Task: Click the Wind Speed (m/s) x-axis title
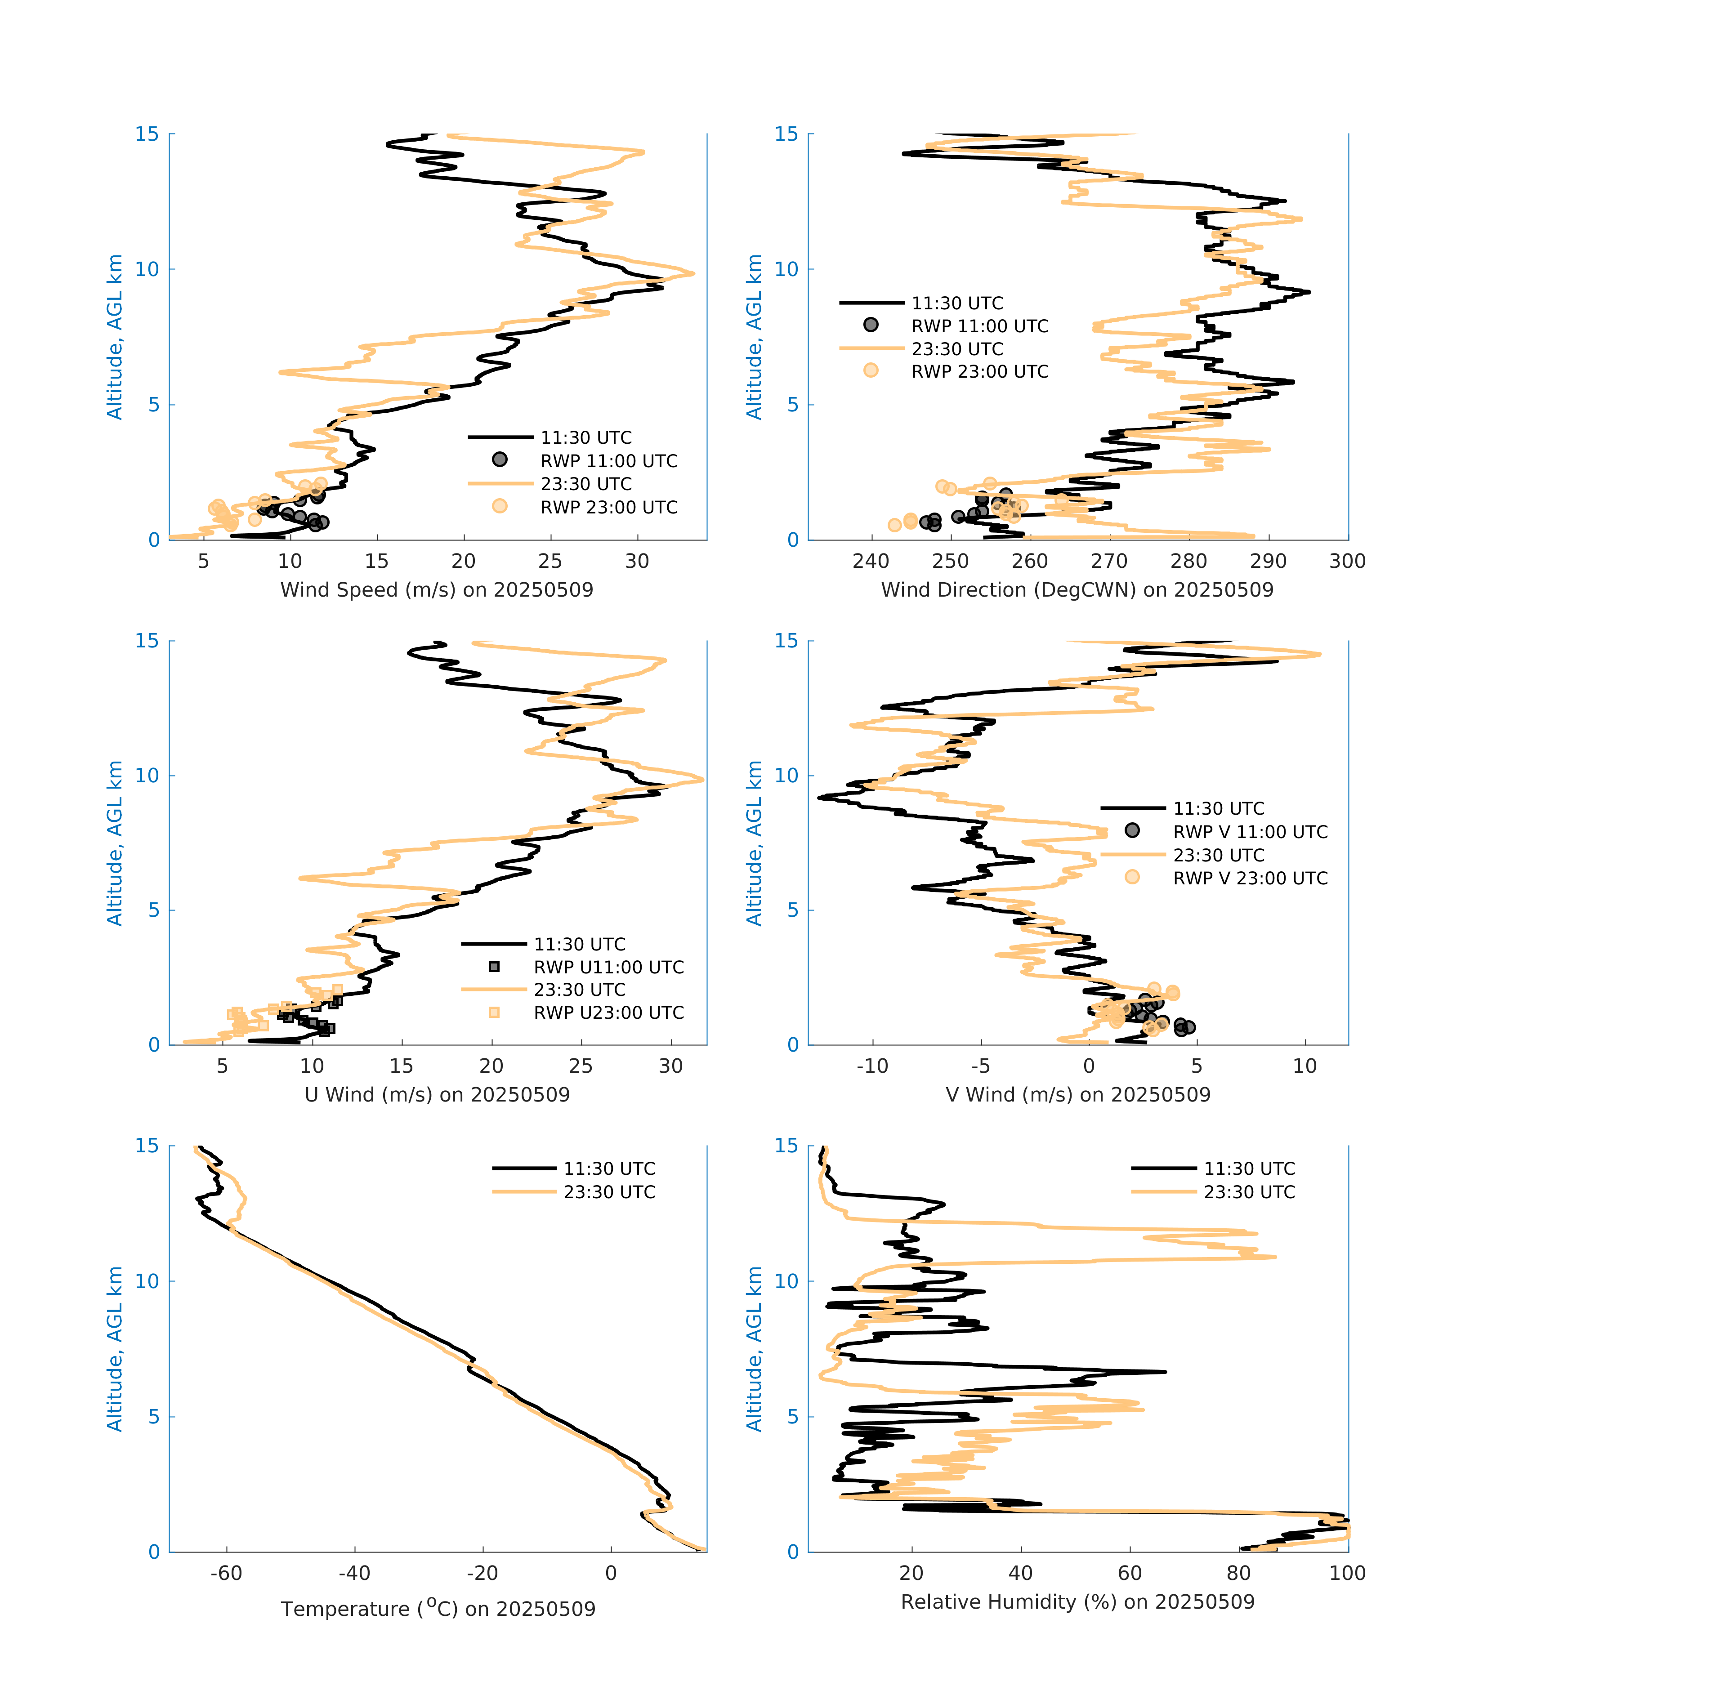click(437, 590)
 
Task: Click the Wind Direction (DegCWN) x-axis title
click(1077, 590)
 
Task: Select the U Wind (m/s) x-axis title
click(437, 1094)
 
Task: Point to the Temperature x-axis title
click(438, 1608)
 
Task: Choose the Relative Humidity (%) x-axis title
click(1077, 1602)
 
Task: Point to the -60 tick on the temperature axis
click(227, 1574)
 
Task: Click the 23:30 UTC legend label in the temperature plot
click(609, 1192)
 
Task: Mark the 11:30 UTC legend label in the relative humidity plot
click(1249, 1169)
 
